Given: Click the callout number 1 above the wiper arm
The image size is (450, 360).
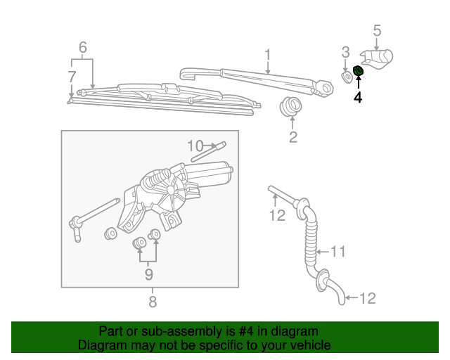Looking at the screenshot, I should pos(268,54).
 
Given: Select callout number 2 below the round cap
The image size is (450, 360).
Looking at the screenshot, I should pos(293,137).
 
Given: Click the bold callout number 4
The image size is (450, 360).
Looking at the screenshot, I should pos(358,98).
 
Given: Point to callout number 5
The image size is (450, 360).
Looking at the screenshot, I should pos(377,30).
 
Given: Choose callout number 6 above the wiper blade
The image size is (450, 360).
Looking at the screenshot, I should pos(82,48).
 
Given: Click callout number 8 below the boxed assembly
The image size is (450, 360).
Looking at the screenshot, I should pos(152,302).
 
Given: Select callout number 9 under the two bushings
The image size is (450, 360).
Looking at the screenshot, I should pos(148,274).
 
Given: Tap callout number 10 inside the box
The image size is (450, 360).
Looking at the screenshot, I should pos(195,146).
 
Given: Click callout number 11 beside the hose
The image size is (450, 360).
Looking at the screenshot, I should pos(339,250).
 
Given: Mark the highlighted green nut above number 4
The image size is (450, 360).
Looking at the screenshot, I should pos(359,72).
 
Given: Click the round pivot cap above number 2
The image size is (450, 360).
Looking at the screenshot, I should pos(290,108).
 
